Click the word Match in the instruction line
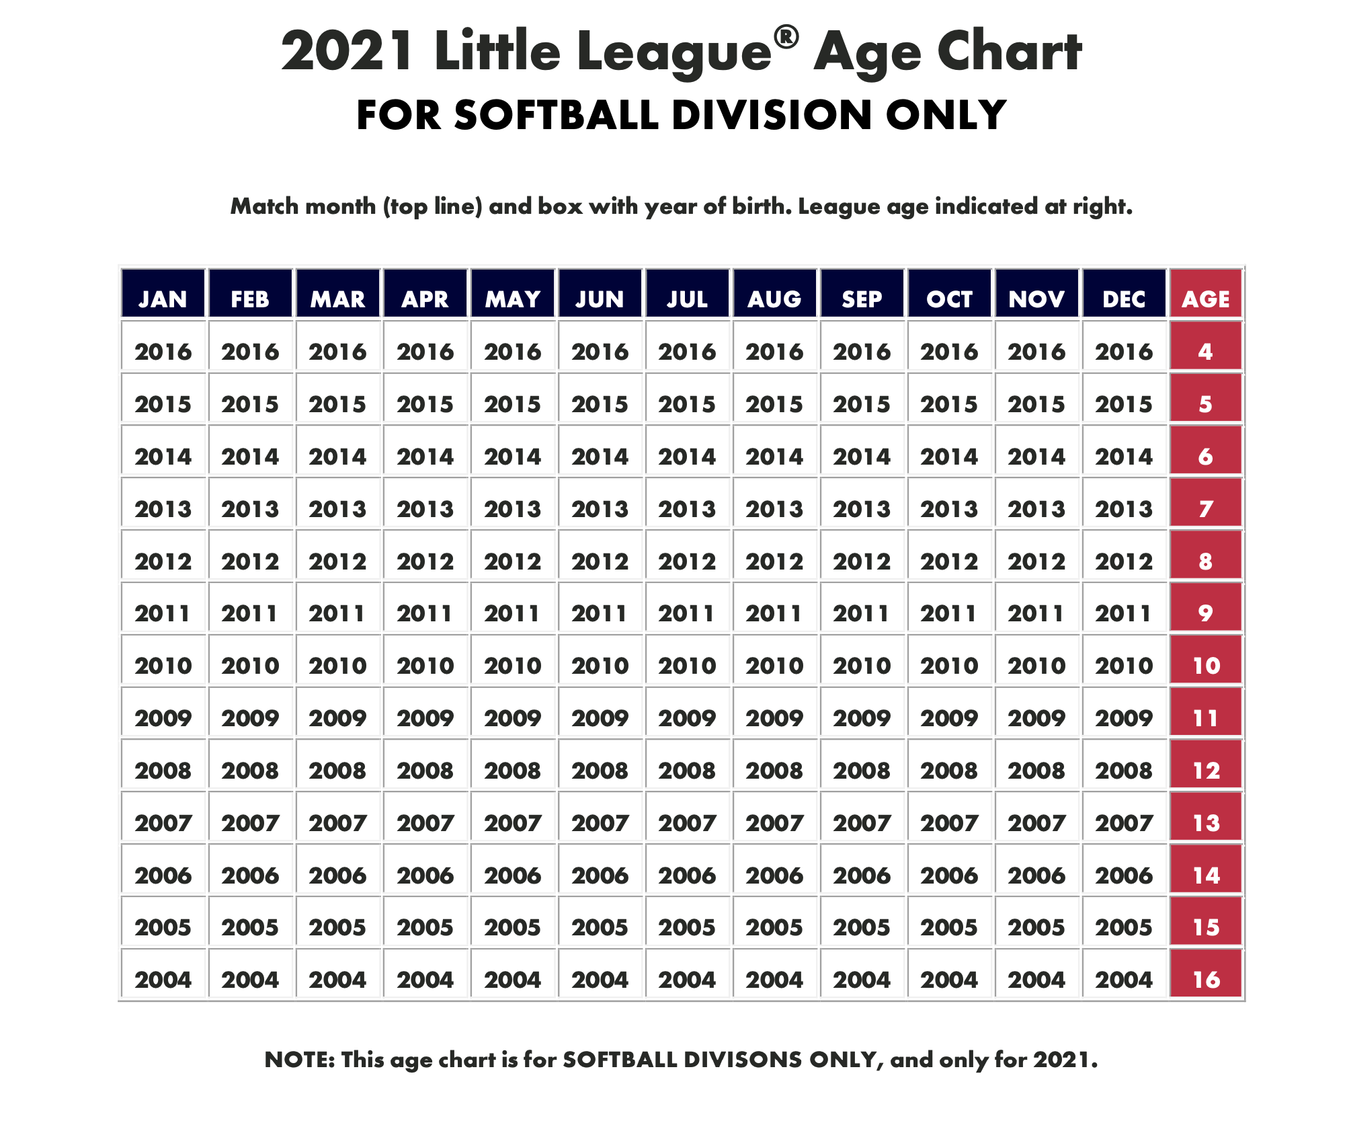(264, 206)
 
